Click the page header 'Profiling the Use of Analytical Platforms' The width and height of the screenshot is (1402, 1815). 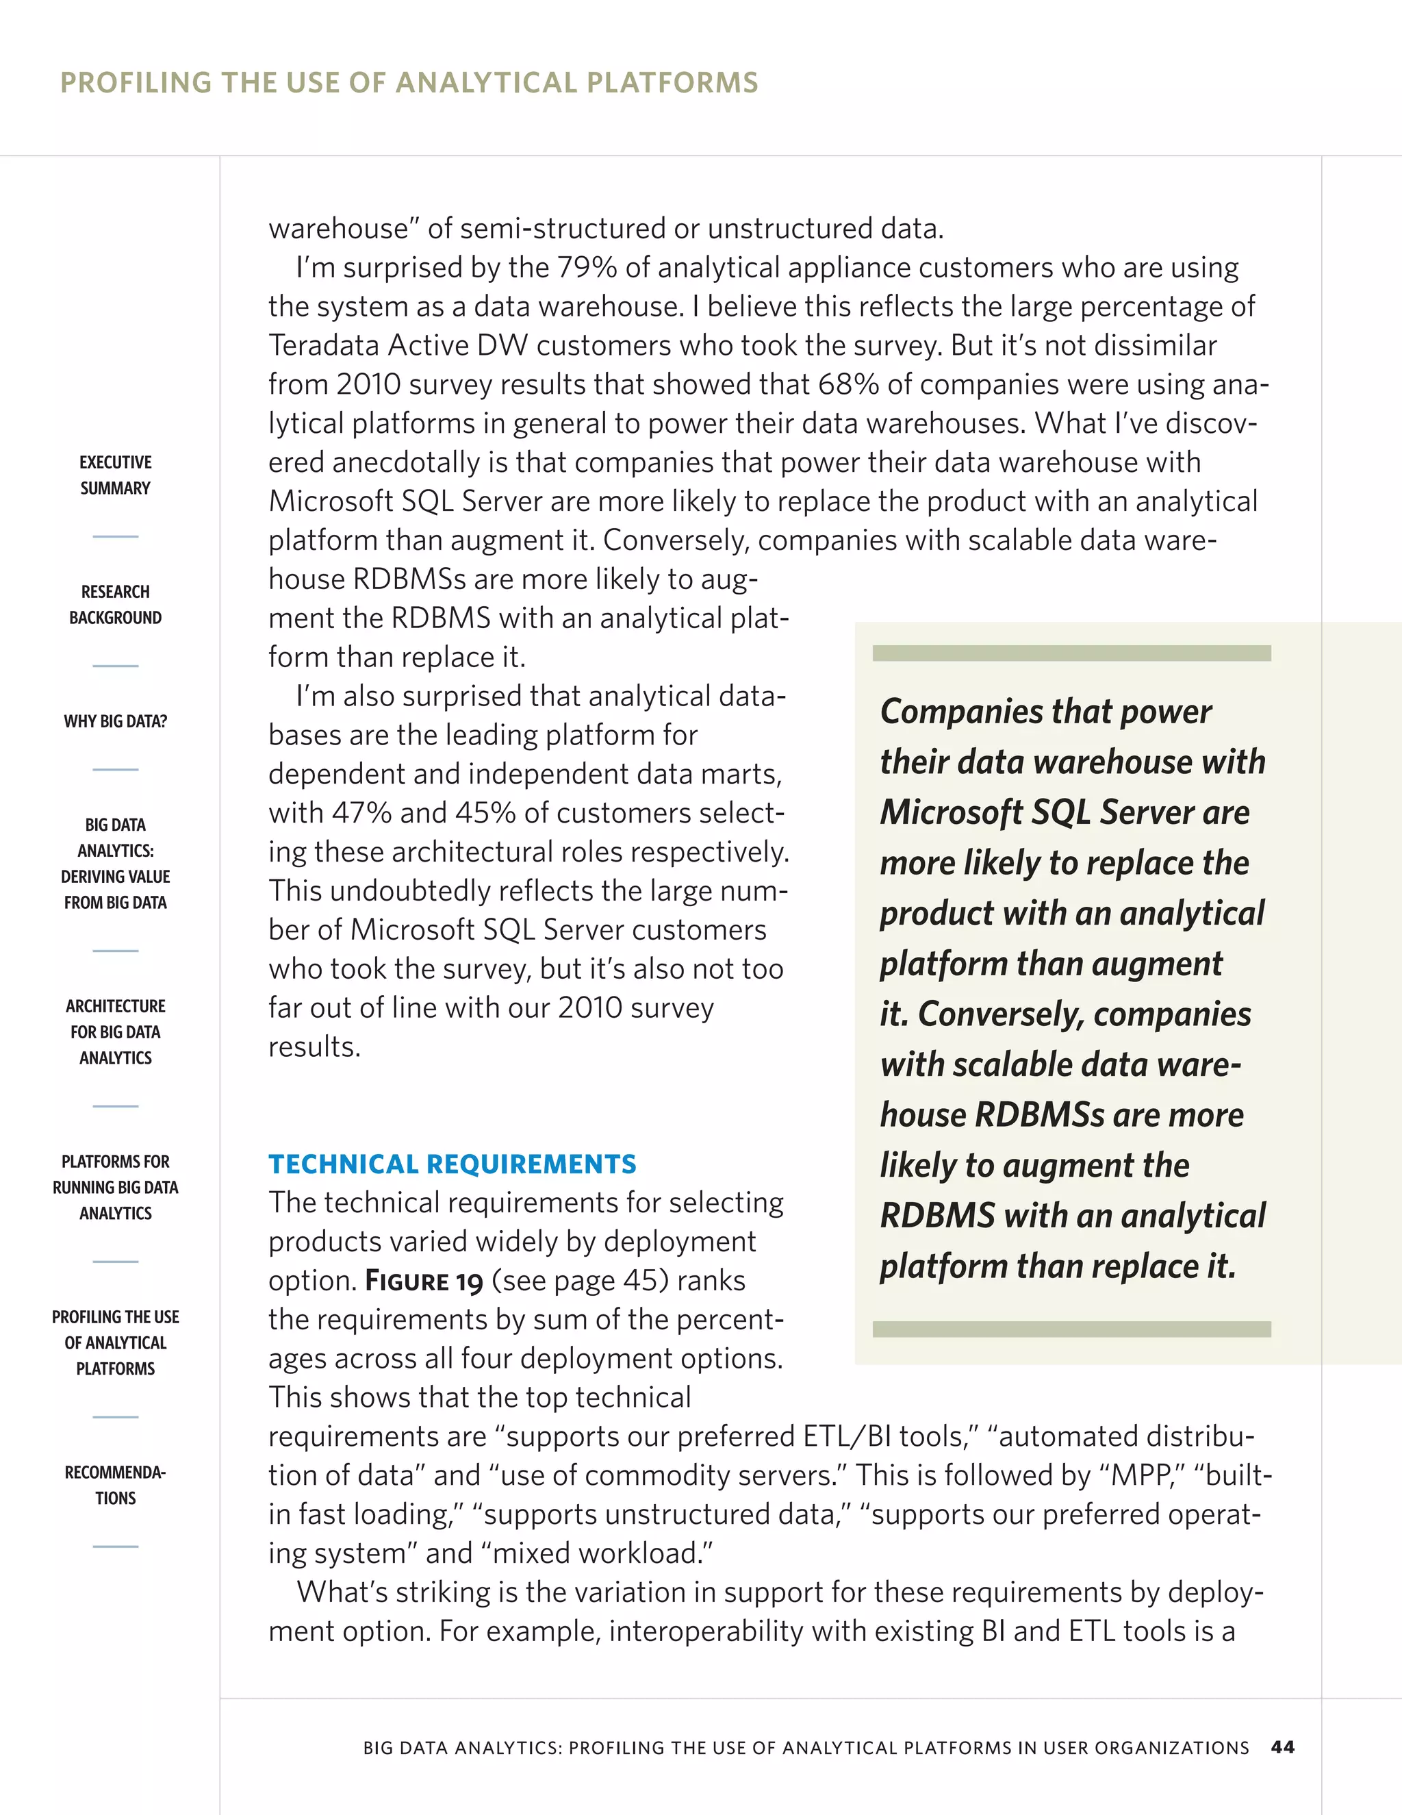tap(409, 82)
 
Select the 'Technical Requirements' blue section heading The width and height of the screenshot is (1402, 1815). tap(452, 1164)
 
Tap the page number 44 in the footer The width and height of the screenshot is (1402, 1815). tap(1282, 1747)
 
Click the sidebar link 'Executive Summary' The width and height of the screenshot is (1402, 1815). tap(116, 475)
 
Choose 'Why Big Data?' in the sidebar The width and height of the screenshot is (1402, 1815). tap(116, 721)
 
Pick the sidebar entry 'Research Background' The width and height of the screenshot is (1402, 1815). tap(116, 604)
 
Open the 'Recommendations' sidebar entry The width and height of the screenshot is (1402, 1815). tap(116, 1484)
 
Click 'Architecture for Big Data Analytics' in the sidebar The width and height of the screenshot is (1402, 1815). tap(116, 1031)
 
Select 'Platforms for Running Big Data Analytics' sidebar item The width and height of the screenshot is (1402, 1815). tap(116, 1187)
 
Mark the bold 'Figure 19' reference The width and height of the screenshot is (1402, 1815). tap(424, 1281)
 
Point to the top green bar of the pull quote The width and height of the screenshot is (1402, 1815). tap(1071, 653)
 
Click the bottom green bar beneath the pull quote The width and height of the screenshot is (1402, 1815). tap(1071, 1329)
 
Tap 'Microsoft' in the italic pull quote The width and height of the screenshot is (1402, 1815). tap(951, 812)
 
